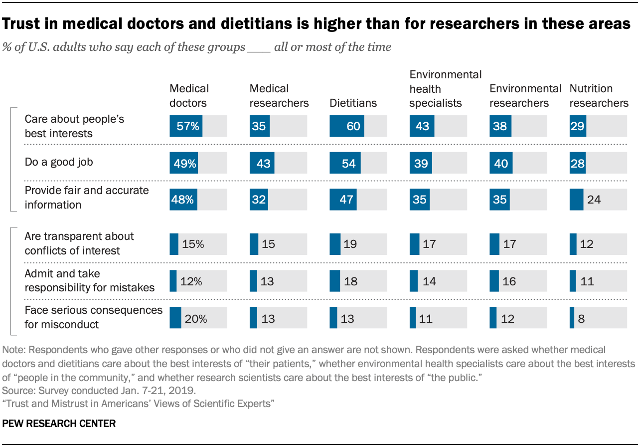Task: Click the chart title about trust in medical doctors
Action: click(x=317, y=24)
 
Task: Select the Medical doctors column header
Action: click(x=189, y=96)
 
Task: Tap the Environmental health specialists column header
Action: click(x=445, y=89)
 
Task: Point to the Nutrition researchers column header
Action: click(x=599, y=96)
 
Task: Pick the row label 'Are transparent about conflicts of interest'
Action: click(x=79, y=243)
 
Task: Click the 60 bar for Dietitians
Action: click(x=347, y=126)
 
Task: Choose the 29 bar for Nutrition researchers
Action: click(x=578, y=126)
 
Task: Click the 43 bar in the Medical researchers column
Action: click(x=262, y=163)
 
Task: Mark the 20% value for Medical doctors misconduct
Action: click(x=195, y=318)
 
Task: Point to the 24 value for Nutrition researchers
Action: click(x=594, y=200)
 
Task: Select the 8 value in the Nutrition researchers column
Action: click(x=582, y=318)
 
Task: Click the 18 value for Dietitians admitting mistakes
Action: click(x=350, y=281)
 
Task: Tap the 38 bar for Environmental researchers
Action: click(x=500, y=126)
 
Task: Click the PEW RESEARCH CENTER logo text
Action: click(x=59, y=424)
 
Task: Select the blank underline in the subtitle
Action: click(x=259, y=48)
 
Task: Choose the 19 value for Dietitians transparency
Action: click(x=350, y=244)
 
